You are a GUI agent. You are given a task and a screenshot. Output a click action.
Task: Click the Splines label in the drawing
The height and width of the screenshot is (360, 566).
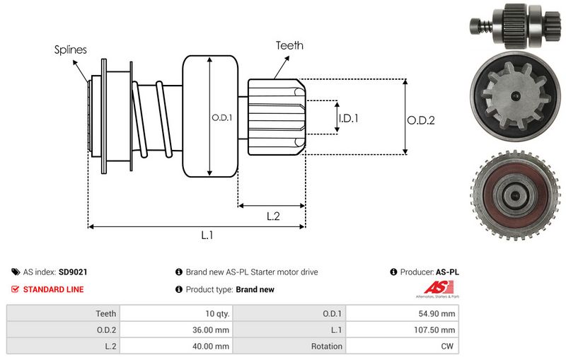coord(71,50)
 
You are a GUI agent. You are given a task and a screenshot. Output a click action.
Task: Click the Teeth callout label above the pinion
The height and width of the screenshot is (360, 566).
coord(289,45)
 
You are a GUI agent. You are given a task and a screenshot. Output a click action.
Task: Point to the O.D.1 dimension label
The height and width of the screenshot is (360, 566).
coord(221,117)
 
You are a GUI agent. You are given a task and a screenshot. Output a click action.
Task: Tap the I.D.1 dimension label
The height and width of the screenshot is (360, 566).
coord(348,118)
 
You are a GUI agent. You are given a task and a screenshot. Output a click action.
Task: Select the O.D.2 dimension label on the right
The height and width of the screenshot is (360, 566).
coord(420,120)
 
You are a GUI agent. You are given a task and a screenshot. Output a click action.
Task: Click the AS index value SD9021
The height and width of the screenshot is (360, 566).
coord(73,272)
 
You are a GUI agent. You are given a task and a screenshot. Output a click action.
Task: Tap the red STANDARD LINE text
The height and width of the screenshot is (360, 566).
coord(53,289)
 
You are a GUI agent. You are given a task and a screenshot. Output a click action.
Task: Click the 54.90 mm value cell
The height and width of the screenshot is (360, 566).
coord(439,313)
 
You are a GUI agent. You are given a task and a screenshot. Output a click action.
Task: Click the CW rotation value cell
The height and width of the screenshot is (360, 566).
coord(448,346)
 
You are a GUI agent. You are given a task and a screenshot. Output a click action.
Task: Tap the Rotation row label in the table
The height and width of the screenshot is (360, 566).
coord(327,346)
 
